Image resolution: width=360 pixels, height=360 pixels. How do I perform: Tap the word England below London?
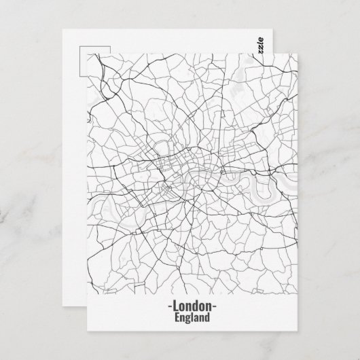coord(192,317)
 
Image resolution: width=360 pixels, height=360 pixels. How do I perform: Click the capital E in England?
coord(177,317)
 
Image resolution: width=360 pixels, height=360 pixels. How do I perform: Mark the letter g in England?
coord(187,318)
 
